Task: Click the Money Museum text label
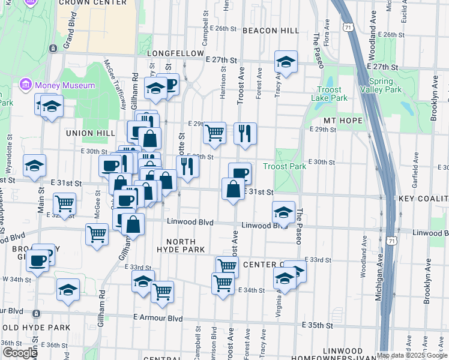(65, 85)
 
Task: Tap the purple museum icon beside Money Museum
(26, 85)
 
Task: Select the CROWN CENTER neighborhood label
(93, 3)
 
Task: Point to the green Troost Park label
(285, 166)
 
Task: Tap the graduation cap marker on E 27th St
(286, 62)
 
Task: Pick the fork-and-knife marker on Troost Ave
(245, 133)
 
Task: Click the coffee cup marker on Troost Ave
(240, 173)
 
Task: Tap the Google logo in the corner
(20, 352)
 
